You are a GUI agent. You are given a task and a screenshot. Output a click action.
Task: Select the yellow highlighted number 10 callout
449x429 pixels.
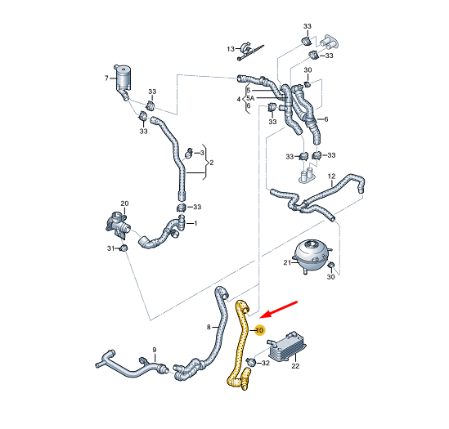pos(260,330)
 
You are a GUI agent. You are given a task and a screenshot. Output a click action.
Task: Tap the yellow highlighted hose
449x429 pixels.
pos(243,343)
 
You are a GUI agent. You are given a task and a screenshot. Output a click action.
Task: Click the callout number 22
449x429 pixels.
pos(295,367)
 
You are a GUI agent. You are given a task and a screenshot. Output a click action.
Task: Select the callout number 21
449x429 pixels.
pos(287,263)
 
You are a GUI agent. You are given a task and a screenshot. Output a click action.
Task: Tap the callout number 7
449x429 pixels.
pos(106,78)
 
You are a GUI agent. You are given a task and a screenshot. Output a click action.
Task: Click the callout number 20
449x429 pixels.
pos(124,203)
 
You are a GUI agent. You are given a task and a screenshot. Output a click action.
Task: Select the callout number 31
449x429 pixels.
pos(110,248)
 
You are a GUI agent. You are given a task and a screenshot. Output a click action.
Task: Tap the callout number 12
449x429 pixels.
pos(331,177)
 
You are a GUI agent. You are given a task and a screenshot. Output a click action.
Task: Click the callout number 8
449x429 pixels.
pos(209,328)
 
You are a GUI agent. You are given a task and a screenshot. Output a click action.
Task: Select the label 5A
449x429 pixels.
pos(251,99)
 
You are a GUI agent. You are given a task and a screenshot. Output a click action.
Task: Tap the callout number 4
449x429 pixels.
pos(239,99)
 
